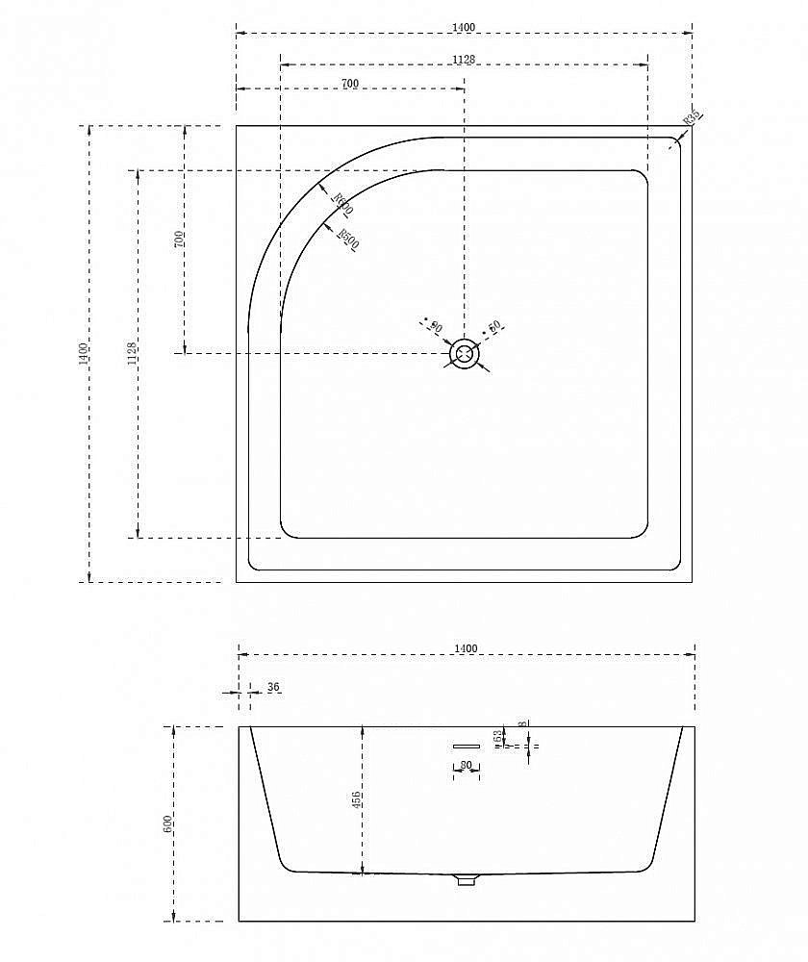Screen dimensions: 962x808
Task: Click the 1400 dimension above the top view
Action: click(x=464, y=27)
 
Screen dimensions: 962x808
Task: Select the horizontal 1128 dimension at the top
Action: click(x=464, y=59)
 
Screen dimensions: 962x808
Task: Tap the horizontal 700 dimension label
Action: click(x=349, y=84)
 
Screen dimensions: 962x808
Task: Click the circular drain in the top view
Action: click(x=466, y=354)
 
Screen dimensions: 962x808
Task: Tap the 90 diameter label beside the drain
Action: click(x=435, y=328)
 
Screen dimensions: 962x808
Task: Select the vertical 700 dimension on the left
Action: click(x=179, y=240)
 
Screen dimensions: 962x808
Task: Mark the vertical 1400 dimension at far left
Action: click(x=84, y=354)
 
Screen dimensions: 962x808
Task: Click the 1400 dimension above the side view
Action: click(x=466, y=649)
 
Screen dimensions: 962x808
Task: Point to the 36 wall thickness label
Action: click(x=273, y=687)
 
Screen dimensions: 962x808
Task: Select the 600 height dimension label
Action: click(x=167, y=823)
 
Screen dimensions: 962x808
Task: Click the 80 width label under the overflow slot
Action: click(x=466, y=766)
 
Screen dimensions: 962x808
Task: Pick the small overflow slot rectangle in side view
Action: click(x=466, y=746)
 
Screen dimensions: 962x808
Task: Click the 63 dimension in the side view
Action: click(x=497, y=737)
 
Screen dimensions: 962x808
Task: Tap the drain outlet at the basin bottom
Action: click(x=467, y=878)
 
